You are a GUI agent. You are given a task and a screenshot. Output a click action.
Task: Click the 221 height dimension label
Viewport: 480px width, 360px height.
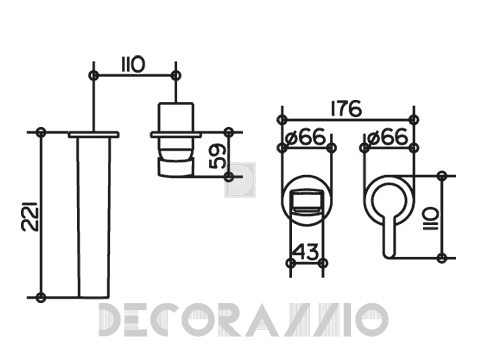30,216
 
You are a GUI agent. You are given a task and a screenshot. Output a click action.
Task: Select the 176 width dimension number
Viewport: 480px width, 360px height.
346,108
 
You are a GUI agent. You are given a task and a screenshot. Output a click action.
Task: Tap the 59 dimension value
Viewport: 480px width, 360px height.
217,156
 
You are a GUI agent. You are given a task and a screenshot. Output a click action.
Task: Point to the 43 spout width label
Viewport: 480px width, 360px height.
307,252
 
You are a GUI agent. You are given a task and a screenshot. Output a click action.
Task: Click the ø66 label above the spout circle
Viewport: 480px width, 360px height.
306,137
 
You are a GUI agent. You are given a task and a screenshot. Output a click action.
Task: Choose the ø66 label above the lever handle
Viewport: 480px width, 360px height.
388,137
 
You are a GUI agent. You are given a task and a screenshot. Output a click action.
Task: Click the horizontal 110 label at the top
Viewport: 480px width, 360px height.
133,65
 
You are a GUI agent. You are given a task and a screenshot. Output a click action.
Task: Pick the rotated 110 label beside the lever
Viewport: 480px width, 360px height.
430,219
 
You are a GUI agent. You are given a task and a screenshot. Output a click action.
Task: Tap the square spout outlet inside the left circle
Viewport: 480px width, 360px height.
306,203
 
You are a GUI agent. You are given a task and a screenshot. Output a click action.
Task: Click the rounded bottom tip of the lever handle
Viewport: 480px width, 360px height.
389,255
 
